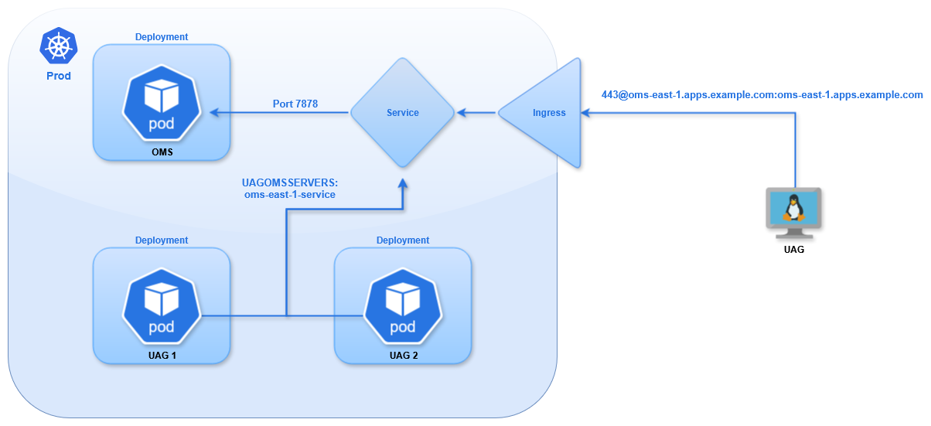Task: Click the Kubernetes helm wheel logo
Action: tap(59, 46)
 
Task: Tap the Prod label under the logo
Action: tap(59, 76)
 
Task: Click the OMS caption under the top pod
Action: tap(162, 152)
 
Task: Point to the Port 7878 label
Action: tap(295, 104)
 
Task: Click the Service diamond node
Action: tap(402, 113)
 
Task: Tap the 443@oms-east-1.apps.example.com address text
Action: tap(762, 95)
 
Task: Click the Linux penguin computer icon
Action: tap(793, 210)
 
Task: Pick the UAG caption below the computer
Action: tap(793, 250)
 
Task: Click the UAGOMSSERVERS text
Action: tap(291, 182)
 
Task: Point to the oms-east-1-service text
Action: tap(290, 195)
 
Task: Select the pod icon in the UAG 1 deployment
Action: tap(162, 308)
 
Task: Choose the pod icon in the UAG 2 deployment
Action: tap(402, 308)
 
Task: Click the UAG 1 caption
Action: tap(162, 355)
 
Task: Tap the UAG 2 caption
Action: tap(402, 355)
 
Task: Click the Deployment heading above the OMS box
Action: tap(162, 36)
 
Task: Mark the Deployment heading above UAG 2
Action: tap(402, 240)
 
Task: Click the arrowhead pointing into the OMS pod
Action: tap(214, 113)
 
